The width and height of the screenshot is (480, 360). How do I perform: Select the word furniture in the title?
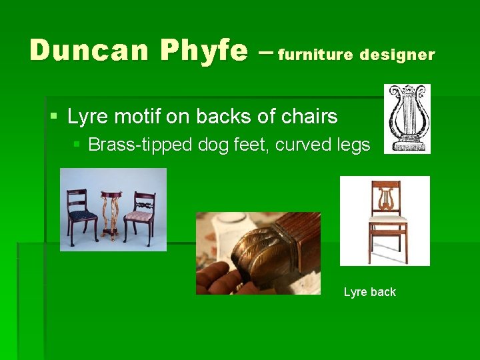[x=315, y=54]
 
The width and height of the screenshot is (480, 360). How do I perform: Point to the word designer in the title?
[x=397, y=54]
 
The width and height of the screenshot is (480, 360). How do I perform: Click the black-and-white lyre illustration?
[x=407, y=118]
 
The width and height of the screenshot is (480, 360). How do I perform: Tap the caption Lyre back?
[x=369, y=292]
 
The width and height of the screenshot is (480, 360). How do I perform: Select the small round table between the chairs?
[x=111, y=213]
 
